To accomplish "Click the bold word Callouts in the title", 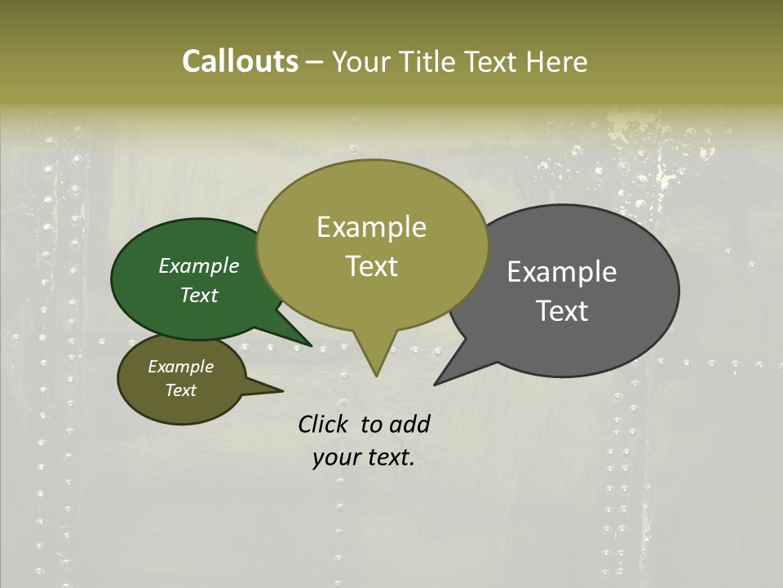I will tap(240, 61).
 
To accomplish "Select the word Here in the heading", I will tap(557, 61).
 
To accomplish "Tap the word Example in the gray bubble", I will tap(562, 271).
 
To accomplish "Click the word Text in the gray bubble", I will tap(562, 310).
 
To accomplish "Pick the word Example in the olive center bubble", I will tap(371, 227).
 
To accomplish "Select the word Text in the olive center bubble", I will tap(371, 266).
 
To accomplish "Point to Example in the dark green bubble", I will tap(199, 265).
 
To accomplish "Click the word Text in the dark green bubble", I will tap(199, 295).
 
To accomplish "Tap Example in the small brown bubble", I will tap(180, 367).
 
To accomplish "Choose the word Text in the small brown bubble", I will tap(180, 390).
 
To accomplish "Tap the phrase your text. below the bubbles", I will tap(364, 457).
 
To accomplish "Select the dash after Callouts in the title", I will tap(315, 62).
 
